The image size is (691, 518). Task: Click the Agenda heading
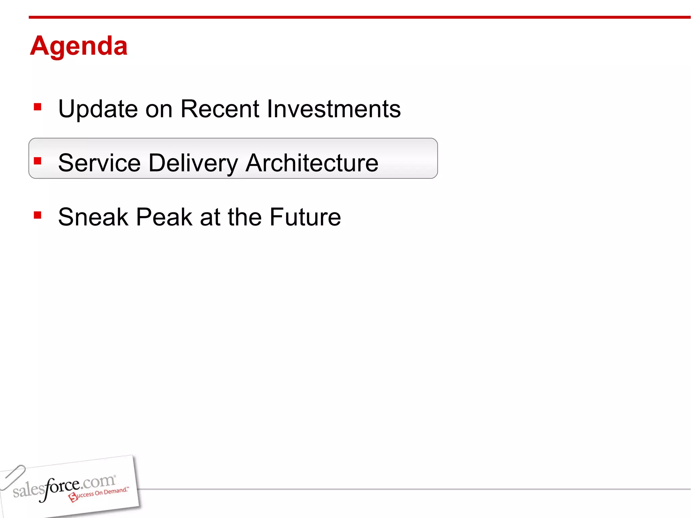(x=79, y=46)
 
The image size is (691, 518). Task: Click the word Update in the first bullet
(x=98, y=109)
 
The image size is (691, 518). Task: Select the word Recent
(x=220, y=109)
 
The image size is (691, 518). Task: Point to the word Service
(x=99, y=163)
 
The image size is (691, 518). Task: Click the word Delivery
(x=193, y=163)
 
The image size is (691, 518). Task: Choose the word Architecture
(x=312, y=163)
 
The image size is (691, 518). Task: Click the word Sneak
(x=93, y=217)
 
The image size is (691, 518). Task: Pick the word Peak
(x=164, y=217)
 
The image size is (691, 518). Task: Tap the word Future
(x=305, y=217)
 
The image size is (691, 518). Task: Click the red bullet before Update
(x=37, y=107)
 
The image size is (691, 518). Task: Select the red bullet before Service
(x=37, y=161)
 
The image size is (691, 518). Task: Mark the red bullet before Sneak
(x=37, y=215)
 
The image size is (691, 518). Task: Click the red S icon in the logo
(x=73, y=497)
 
